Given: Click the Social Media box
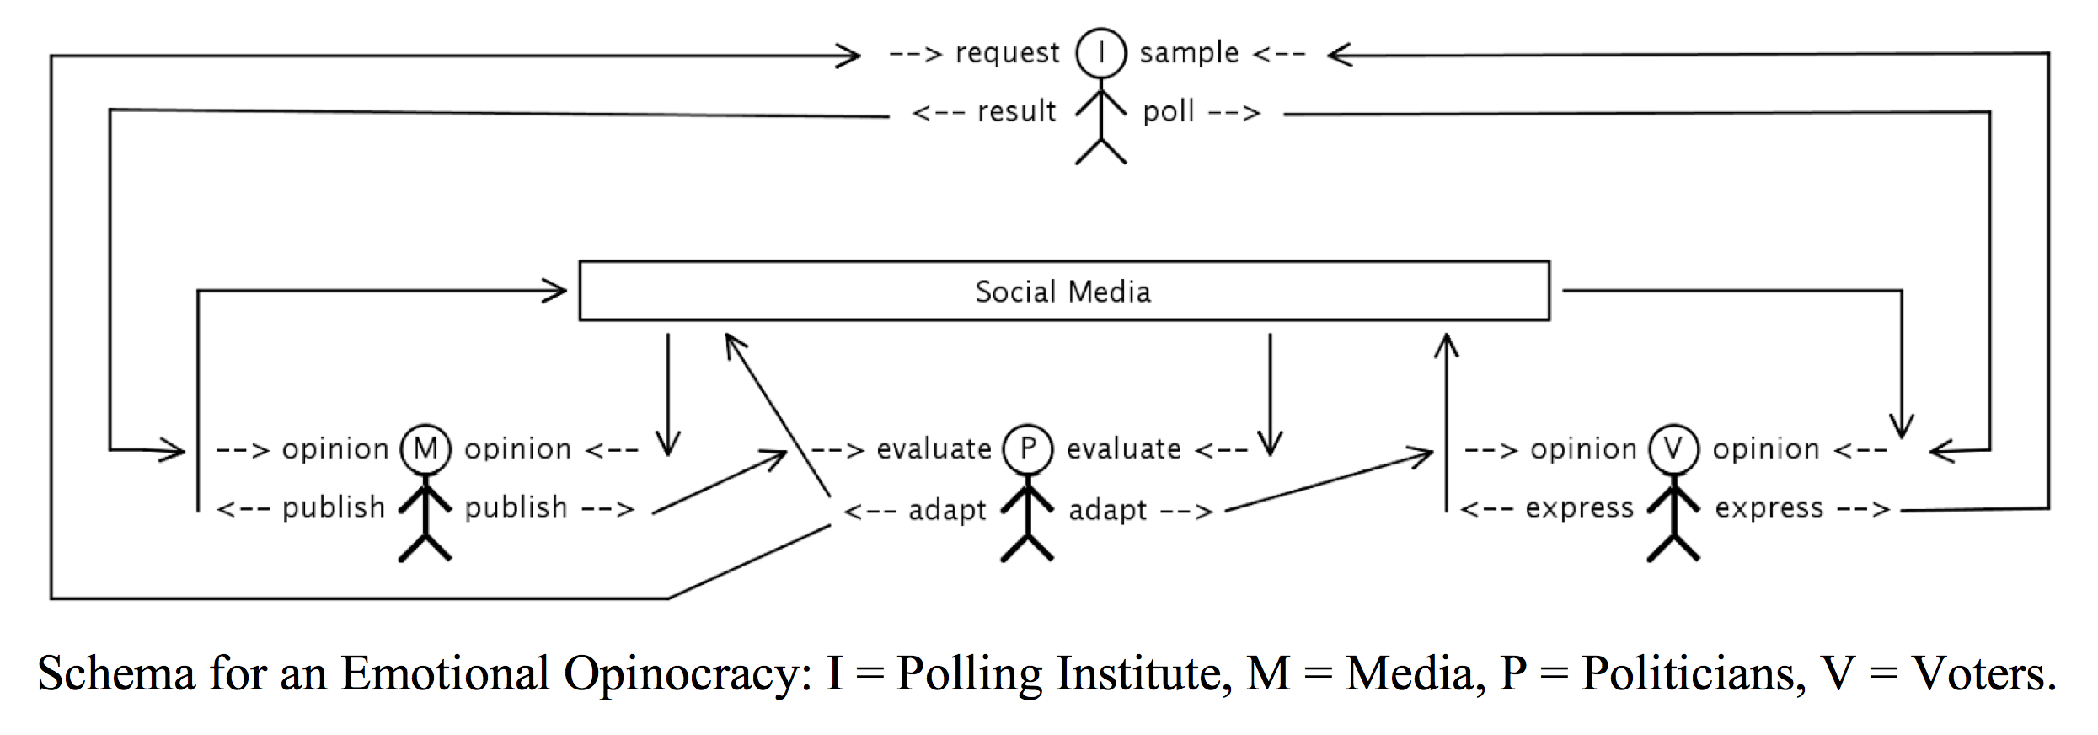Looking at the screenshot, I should pos(1063,291).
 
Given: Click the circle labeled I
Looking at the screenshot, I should pos(1100,53).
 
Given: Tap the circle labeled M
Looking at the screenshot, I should pos(425,448).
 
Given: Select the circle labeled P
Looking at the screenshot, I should pos(1028,448).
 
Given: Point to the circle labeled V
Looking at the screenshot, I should pos(1673,448).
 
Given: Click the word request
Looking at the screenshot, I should pos(1007,54).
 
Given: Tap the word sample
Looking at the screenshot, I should pos(1189,53).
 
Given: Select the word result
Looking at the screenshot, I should pos(1016,111).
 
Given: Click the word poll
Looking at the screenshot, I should pos(1168,111).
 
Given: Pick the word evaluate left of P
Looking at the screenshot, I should pos(934,449).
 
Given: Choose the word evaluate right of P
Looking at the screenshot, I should pos(1123,449).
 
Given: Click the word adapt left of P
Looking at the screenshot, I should pos(947,510).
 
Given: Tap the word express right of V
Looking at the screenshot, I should pos(1769,508).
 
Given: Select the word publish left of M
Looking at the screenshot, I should pos(333,508).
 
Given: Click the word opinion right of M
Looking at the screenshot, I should pos(517,449).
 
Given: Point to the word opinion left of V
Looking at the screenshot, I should pos(1583,449).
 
